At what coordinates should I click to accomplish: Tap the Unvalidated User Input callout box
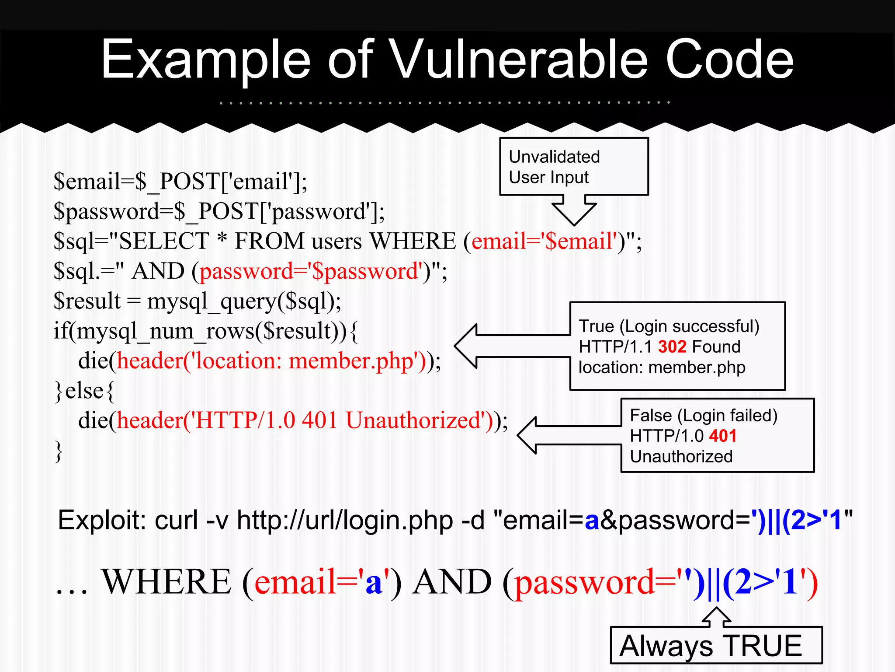pyautogui.click(x=574, y=167)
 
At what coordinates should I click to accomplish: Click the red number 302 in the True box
pyautogui.click(x=672, y=347)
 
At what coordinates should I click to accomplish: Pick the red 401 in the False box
pyautogui.click(x=723, y=436)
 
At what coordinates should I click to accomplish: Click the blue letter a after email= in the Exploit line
pyautogui.click(x=592, y=521)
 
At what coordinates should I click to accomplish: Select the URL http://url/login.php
pyautogui.click(x=345, y=520)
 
